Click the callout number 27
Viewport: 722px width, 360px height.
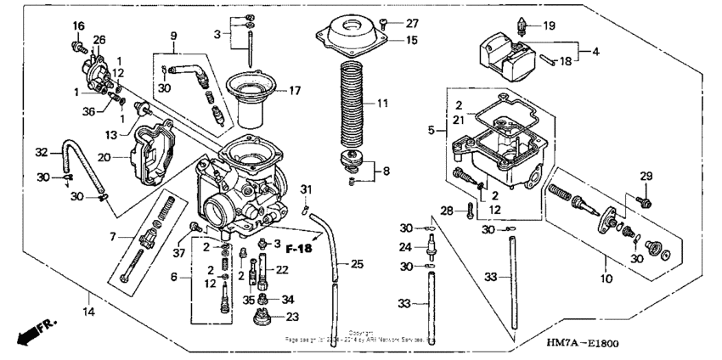(412, 23)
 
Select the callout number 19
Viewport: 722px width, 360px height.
(549, 26)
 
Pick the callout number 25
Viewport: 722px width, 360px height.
(357, 265)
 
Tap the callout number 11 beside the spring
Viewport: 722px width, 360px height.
(382, 103)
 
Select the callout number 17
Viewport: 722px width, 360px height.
(295, 90)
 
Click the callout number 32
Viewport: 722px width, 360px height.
(41, 153)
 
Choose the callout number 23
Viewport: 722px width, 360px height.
(293, 317)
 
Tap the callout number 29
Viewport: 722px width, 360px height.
(646, 176)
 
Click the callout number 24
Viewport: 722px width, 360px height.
(406, 248)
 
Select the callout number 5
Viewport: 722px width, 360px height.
(432, 132)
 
